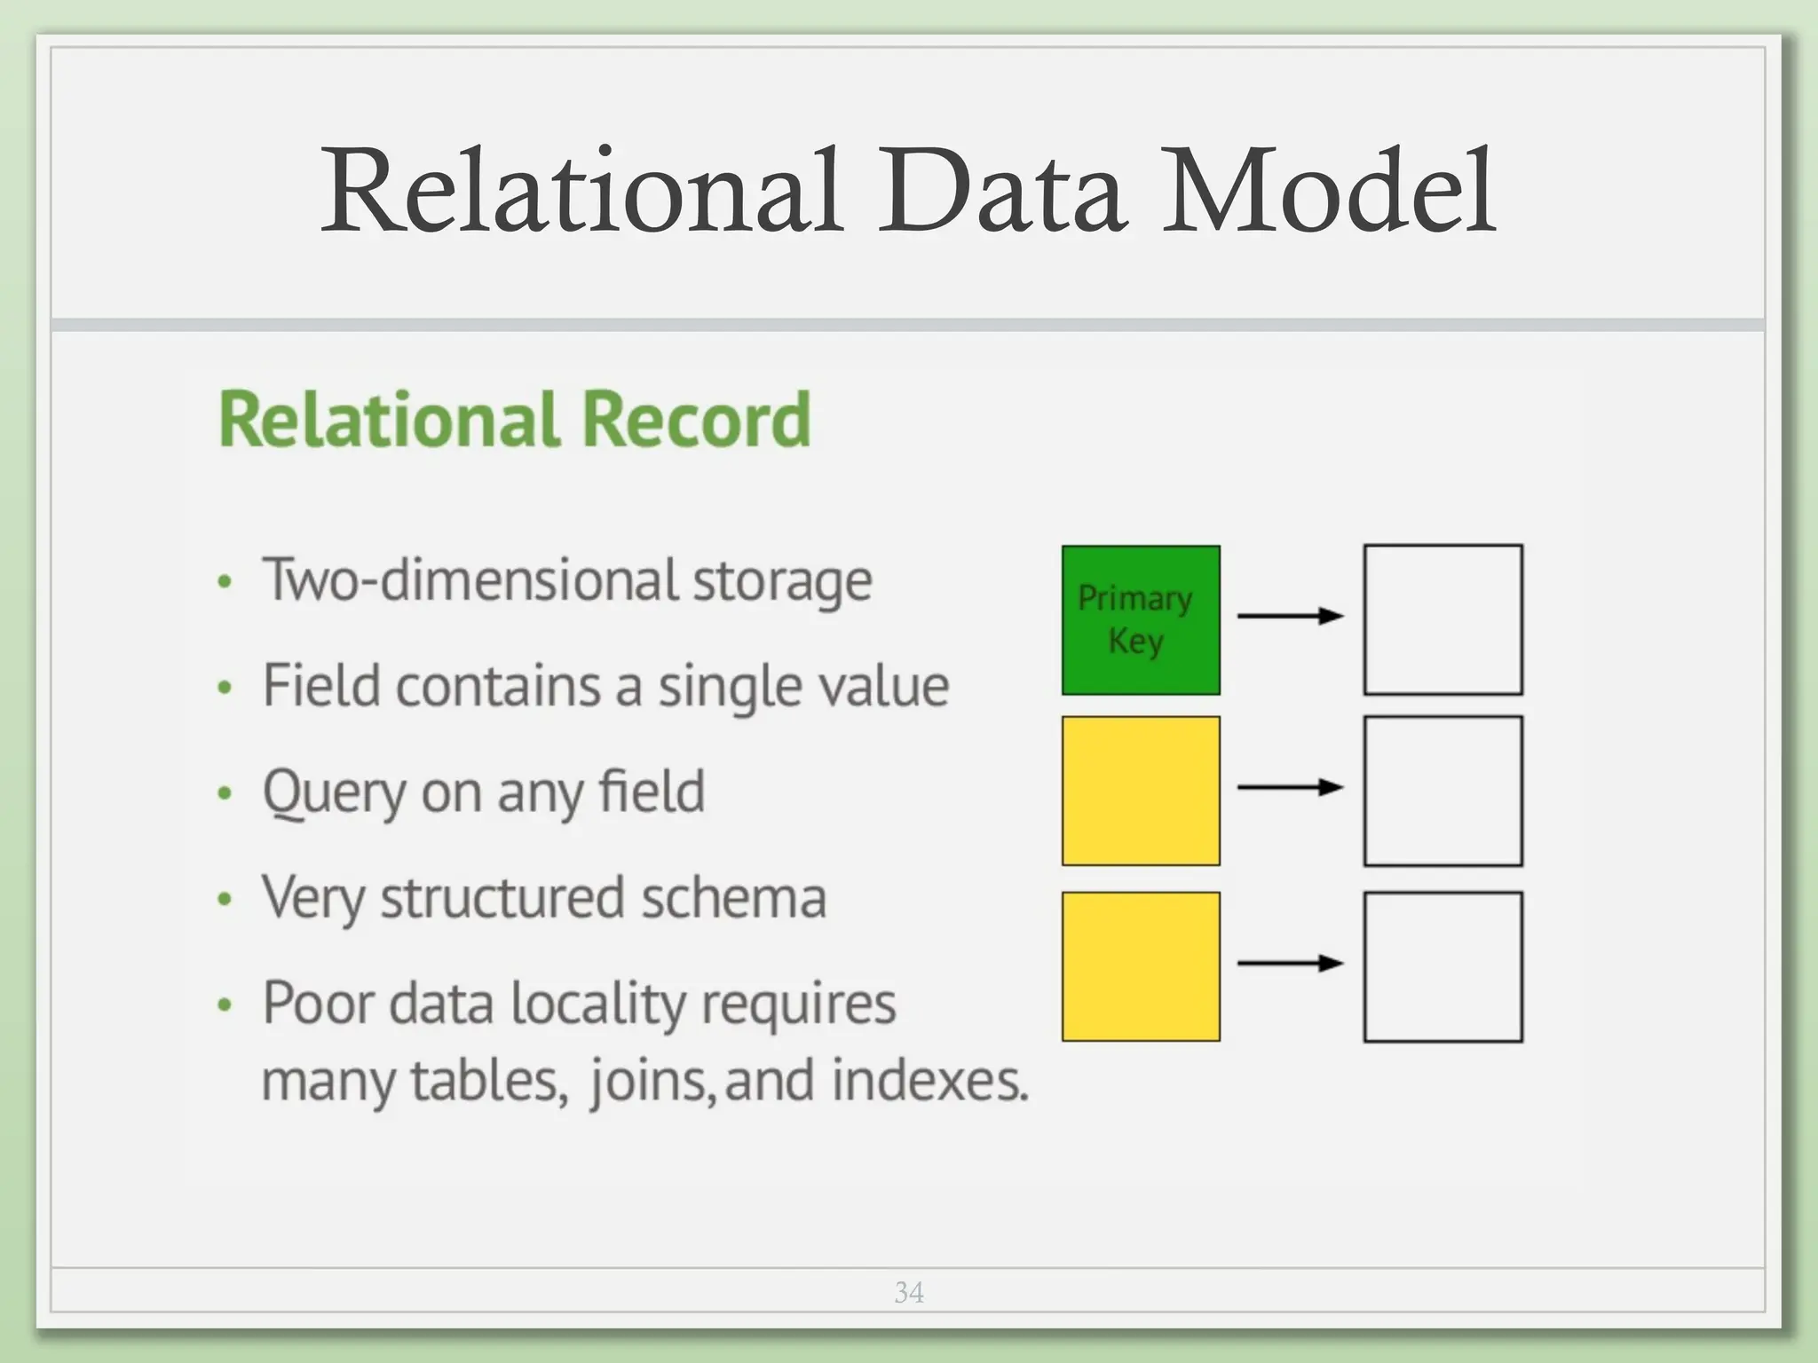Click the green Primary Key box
[x=1141, y=619]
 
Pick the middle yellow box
[x=1141, y=791]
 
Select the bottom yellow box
[x=1141, y=966]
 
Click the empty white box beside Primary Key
[x=1443, y=619]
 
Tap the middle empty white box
[x=1443, y=791]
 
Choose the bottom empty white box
[x=1443, y=966]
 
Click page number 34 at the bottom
[x=909, y=1293]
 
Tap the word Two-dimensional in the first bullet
[x=470, y=580]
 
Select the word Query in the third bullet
[x=334, y=792]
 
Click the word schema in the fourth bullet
[x=733, y=897]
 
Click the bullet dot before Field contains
[x=225, y=688]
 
